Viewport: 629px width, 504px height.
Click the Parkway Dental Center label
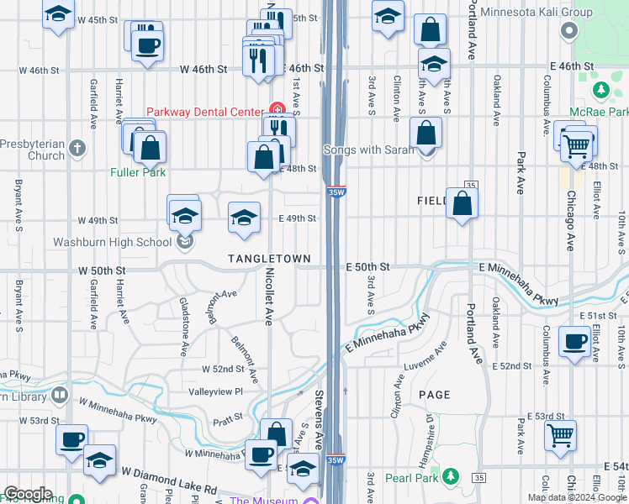tap(205, 112)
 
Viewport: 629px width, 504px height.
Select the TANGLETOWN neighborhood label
tap(269, 259)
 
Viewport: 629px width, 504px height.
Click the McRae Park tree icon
tap(600, 89)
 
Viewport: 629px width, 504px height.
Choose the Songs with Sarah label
tap(369, 150)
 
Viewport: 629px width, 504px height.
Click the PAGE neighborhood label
tap(434, 394)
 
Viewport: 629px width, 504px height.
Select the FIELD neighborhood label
tap(434, 202)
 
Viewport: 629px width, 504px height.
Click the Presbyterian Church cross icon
tap(77, 149)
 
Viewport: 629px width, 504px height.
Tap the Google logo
tap(27, 494)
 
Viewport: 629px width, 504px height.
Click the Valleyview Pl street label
tap(215, 391)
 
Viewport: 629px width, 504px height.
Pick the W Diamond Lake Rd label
tap(168, 483)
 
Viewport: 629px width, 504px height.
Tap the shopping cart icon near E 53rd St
tap(561, 436)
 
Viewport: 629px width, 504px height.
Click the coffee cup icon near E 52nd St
tap(576, 342)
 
